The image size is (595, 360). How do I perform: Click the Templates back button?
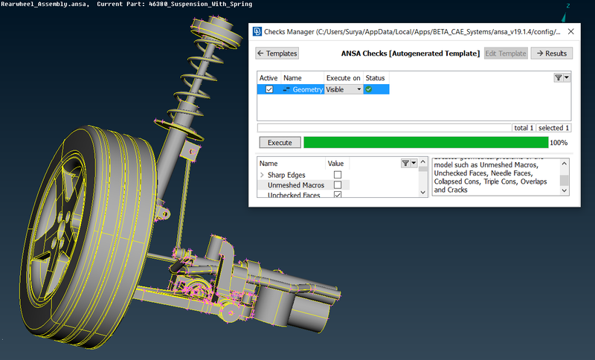point(277,54)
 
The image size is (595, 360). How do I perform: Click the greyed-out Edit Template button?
point(505,54)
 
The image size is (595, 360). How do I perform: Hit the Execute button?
point(280,142)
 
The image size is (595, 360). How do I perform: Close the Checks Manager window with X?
point(570,32)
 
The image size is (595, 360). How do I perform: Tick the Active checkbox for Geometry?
point(269,89)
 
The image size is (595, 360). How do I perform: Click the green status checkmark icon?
point(368,89)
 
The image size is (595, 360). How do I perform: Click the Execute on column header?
point(343,77)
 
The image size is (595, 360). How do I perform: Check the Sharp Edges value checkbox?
point(338,175)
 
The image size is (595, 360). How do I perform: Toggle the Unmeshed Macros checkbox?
point(338,185)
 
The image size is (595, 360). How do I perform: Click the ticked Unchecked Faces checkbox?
point(338,195)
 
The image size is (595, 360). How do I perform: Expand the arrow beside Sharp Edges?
point(262,175)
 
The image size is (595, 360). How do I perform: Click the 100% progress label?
point(559,143)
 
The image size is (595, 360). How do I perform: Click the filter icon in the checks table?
point(559,77)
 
